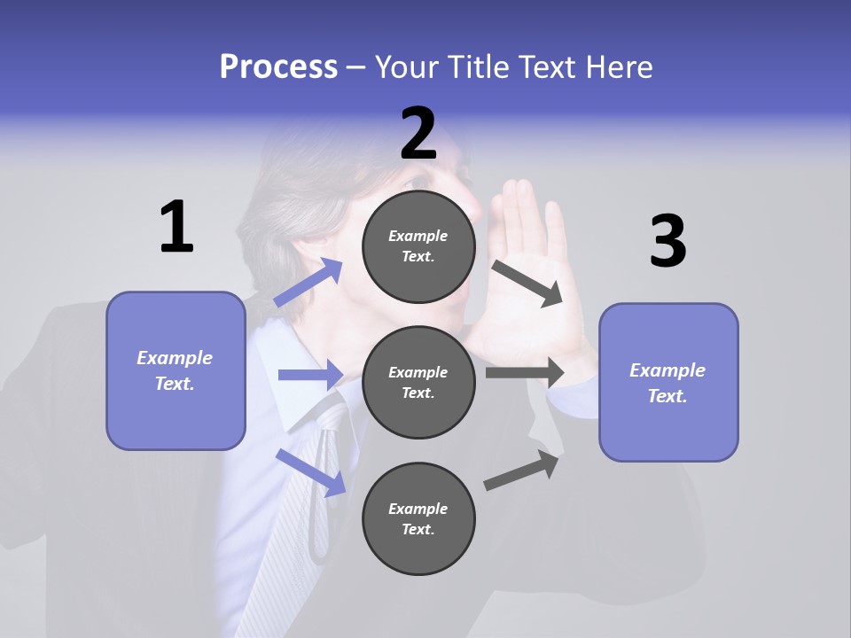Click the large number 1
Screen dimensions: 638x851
[x=176, y=227]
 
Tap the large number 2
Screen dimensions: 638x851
[x=418, y=134]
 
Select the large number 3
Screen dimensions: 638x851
[x=668, y=242]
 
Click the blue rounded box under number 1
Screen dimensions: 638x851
[x=176, y=370]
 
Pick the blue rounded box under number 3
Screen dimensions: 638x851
[x=668, y=383]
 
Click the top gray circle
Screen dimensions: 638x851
[x=418, y=246]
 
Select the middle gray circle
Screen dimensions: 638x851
[x=418, y=382]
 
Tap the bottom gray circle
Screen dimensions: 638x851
[x=418, y=518]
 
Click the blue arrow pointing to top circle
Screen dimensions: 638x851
[x=308, y=283]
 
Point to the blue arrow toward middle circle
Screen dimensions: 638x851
[x=310, y=375]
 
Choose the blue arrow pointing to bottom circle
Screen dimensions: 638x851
[x=311, y=472]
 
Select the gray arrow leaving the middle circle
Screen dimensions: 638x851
[x=525, y=372]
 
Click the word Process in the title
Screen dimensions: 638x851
[x=278, y=66]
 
